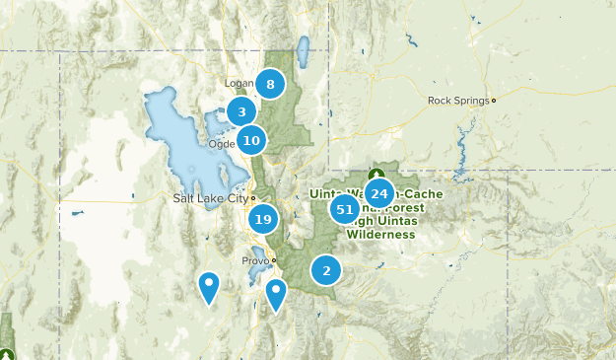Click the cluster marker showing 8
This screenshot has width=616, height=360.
coord(270,84)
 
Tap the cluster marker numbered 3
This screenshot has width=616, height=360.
coord(241,112)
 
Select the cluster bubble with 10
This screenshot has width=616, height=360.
coord(251,141)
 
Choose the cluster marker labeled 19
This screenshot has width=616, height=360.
coord(262,219)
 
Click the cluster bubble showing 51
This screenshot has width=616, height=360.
coord(346,209)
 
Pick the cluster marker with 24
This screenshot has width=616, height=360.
coord(379,193)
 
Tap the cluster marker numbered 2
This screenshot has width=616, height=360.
coord(326,269)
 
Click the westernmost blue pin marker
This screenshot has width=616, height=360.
coord(209,286)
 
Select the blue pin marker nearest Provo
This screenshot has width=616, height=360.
coord(276,293)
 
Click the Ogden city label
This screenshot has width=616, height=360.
coord(221,144)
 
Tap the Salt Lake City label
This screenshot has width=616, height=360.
coord(209,198)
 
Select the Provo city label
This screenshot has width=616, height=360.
coord(254,260)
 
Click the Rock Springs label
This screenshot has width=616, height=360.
coord(458,100)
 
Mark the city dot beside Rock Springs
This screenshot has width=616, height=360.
coord(494,100)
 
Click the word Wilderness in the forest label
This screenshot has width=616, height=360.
coord(379,236)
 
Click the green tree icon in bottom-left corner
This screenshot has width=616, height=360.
coord(8,353)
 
